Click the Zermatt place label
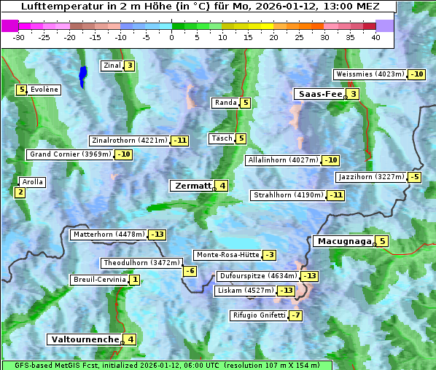click(192, 186)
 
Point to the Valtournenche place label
click(84, 339)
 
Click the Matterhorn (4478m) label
click(108, 235)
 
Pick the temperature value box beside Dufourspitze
click(310, 276)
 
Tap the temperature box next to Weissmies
click(417, 74)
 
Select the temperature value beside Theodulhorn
click(190, 271)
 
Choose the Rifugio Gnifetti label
click(258, 315)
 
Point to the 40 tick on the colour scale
click(375, 36)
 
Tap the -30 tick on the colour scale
click(19, 36)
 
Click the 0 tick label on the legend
click(172, 36)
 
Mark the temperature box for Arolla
click(20, 192)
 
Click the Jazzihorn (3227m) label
click(371, 177)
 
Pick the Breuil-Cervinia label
click(99, 280)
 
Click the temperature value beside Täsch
click(241, 138)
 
